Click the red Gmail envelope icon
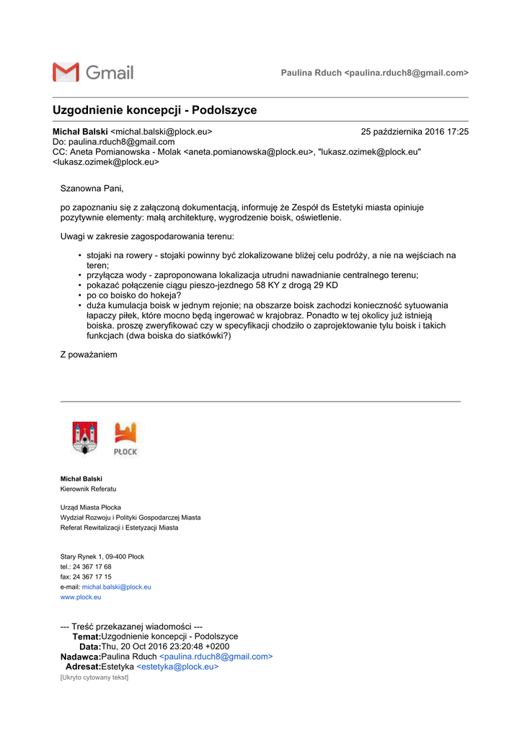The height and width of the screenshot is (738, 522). (x=66, y=72)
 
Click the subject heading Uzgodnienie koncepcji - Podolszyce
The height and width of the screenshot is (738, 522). (x=154, y=110)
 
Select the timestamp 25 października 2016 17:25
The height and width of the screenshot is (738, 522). (x=415, y=132)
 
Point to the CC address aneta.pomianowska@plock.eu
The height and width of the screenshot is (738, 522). (x=249, y=152)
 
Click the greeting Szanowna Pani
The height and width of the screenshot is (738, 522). (x=92, y=189)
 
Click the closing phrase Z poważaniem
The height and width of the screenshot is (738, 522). (x=88, y=355)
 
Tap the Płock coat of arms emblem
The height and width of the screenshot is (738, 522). (x=85, y=438)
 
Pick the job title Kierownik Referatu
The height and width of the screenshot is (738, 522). (x=88, y=489)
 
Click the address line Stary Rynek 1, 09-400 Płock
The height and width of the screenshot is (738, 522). (x=102, y=556)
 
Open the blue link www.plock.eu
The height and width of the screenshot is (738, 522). (x=80, y=597)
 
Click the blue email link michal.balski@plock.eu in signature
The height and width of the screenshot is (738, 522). (x=116, y=587)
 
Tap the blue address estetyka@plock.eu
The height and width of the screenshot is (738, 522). (x=177, y=667)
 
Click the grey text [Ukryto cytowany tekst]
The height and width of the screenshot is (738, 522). (x=94, y=677)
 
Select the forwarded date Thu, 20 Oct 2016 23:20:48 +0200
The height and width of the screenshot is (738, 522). (x=165, y=646)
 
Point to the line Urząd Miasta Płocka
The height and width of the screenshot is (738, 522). (x=90, y=507)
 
